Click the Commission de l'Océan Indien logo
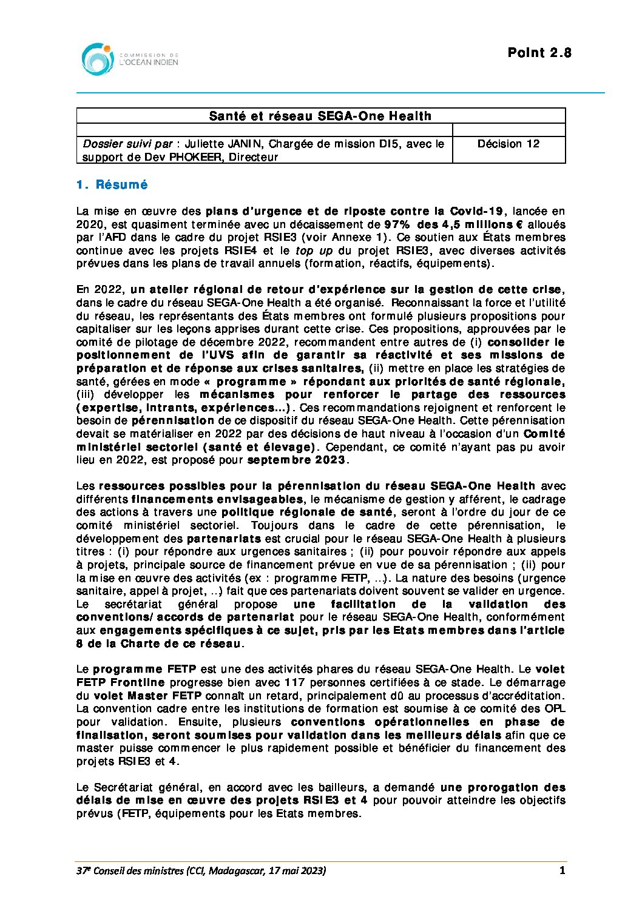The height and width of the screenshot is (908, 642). click(130, 59)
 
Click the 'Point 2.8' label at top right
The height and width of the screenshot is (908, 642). click(539, 53)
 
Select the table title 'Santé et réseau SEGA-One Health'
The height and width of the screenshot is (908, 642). click(320, 116)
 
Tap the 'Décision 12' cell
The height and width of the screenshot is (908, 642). click(508, 144)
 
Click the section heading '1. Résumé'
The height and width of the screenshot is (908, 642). click(112, 185)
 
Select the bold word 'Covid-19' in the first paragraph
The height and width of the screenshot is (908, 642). click(476, 211)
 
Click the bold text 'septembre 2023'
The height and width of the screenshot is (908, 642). click(296, 460)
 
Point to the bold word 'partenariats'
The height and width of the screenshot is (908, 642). click(224, 539)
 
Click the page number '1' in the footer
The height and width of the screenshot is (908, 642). click(562, 870)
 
